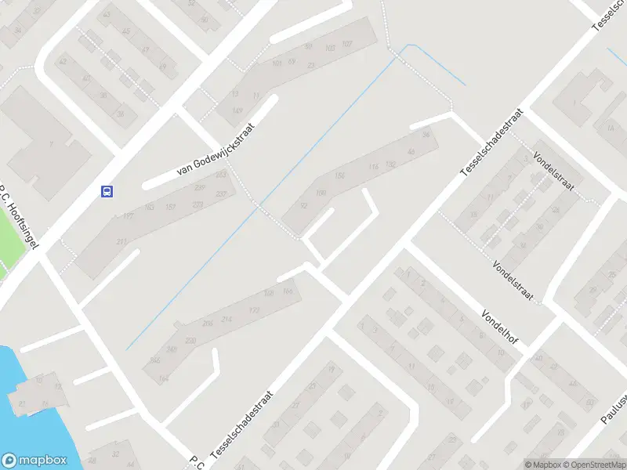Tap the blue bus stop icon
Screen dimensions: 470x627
(x=107, y=190)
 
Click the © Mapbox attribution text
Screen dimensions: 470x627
(x=542, y=465)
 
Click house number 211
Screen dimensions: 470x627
(x=121, y=243)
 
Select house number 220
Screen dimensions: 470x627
(x=190, y=340)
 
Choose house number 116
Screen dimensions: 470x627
(x=373, y=167)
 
